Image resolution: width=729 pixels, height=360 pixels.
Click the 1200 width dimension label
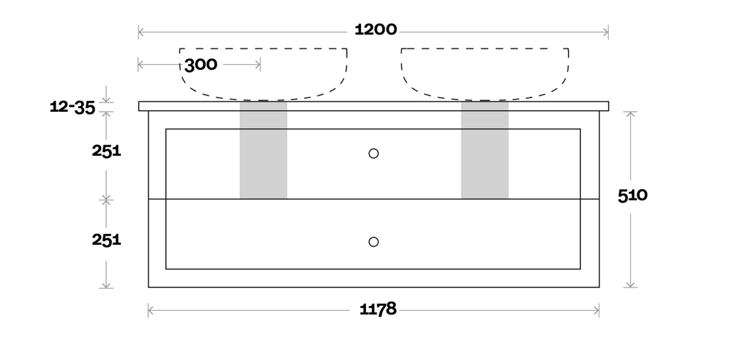click(376, 30)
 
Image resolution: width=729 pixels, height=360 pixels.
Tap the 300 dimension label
click(201, 65)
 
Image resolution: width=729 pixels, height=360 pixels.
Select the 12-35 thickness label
click(73, 107)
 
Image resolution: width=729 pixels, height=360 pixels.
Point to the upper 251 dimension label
click(107, 151)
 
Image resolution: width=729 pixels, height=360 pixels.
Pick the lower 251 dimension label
click(107, 240)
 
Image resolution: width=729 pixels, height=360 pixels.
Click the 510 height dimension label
click(632, 196)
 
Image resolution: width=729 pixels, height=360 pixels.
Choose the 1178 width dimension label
click(378, 309)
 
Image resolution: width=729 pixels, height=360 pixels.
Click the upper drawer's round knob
click(373, 153)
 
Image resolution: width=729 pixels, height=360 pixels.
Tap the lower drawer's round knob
click(373, 242)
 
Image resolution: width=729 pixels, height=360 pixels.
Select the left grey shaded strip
click(263, 150)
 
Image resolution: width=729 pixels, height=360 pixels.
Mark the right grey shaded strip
click(484, 150)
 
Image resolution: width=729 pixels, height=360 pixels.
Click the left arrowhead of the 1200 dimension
click(140, 32)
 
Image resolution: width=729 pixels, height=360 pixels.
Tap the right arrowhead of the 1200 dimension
click(606, 32)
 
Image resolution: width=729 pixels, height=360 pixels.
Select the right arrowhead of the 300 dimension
click(258, 65)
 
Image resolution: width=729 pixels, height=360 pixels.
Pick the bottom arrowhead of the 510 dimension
click(631, 285)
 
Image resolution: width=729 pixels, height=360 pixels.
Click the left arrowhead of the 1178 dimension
click(151, 310)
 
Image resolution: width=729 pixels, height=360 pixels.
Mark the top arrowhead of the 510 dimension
click(631, 115)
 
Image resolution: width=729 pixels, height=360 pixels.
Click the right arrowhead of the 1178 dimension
click(597, 310)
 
